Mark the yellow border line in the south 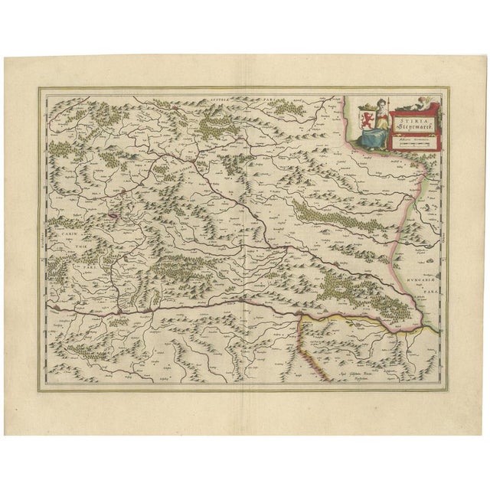click(360, 315)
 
